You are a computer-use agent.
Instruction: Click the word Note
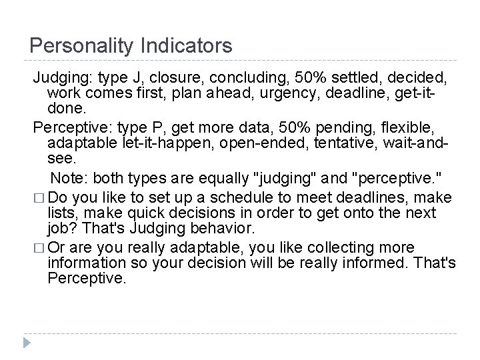[70, 178]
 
